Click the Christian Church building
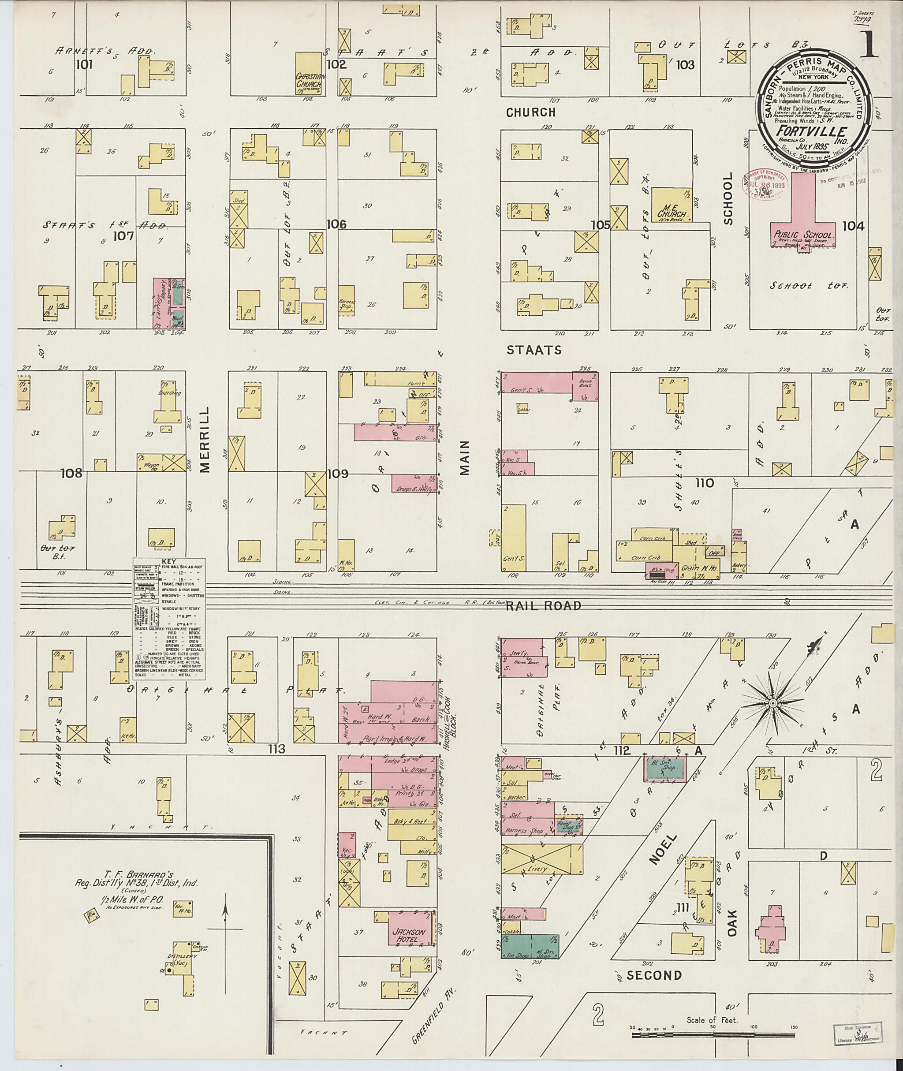point(309,73)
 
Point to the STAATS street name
point(534,350)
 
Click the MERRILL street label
point(206,439)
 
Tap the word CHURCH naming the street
point(530,112)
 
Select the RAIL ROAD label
point(544,606)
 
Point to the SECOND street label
point(654,975)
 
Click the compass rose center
point(772,705)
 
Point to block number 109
point(338,474)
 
